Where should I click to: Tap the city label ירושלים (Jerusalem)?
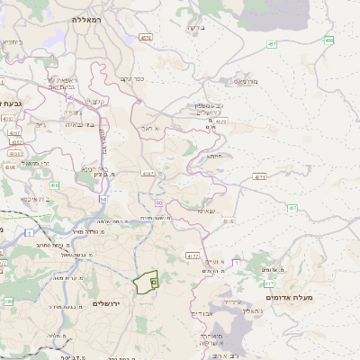pyautogui.click(x=112, y=303)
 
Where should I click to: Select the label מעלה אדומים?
pyautogui.click(x=288, y=296)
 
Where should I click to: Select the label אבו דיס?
pyautogui.click(x=202, y=313)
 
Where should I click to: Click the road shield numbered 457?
pyautogui.click(x=272, y=42)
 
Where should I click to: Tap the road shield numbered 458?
pyautogui.click(x=329, y=40)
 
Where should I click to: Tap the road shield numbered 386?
pyautogui.click(x=7, y=301)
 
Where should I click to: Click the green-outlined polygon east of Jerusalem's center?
pyautogui.click(x=145, y=282)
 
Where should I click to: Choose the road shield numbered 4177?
pyautogui.click(x=192, y=256)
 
